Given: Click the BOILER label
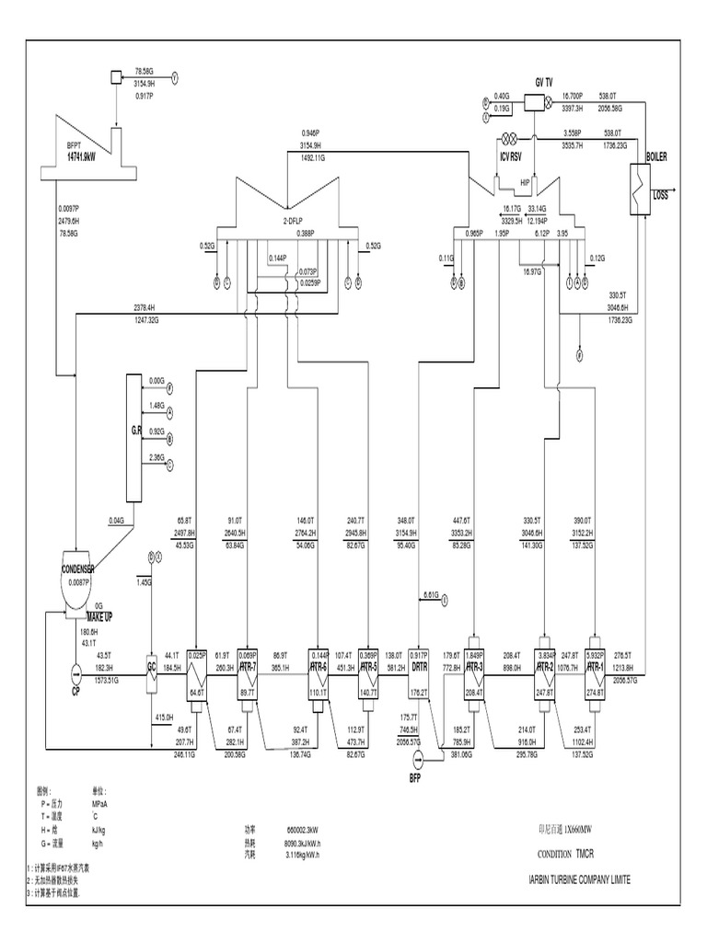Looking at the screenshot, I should coord(655,157).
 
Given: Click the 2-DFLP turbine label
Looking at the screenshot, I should coord(294,222).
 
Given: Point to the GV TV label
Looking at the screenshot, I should coord(544,82).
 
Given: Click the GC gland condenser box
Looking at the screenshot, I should coord(151,667).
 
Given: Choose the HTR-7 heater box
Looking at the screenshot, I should coord(247,667).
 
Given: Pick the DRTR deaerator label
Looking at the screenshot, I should coord(421,667).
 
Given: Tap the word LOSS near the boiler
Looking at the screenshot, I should coord(661,195).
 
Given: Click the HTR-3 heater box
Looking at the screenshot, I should coord(473,667).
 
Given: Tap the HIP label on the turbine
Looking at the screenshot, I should coord(526,183).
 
